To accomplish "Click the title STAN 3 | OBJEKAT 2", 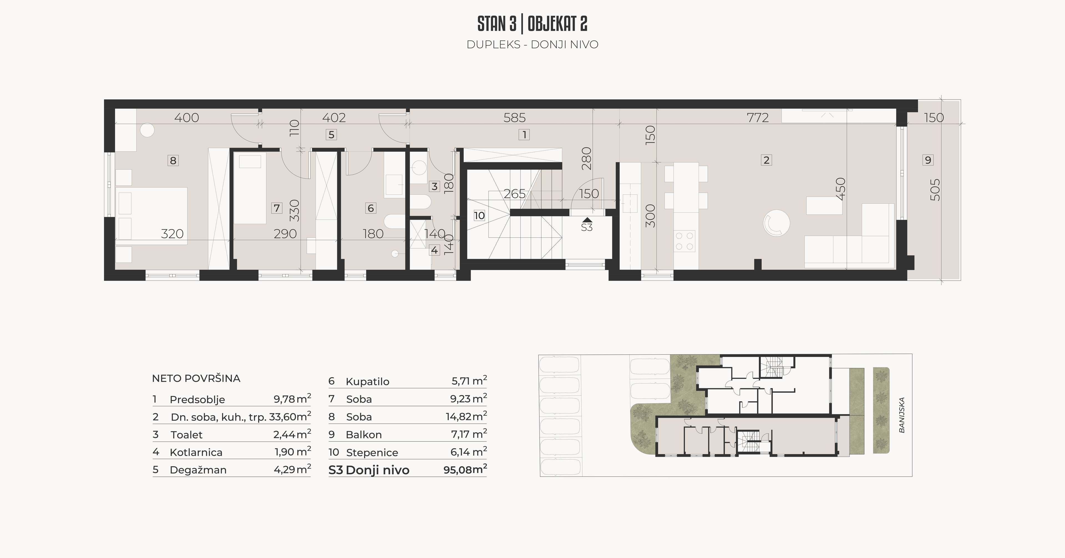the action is click(x=532, y=24).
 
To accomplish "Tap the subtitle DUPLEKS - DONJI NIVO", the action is click(x=532, y=45).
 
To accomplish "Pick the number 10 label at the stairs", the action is click(x=479, y=215).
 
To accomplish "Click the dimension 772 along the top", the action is click(x=758, y=118).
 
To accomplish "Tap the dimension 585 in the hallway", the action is click(x=515, y=118).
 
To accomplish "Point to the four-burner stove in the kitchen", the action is click(x=684, y=241).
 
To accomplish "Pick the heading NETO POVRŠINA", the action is click(x=196, y=378).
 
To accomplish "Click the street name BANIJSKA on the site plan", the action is click(x=902, y=415).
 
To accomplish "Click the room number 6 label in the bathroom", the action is click(x=371, y=208).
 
